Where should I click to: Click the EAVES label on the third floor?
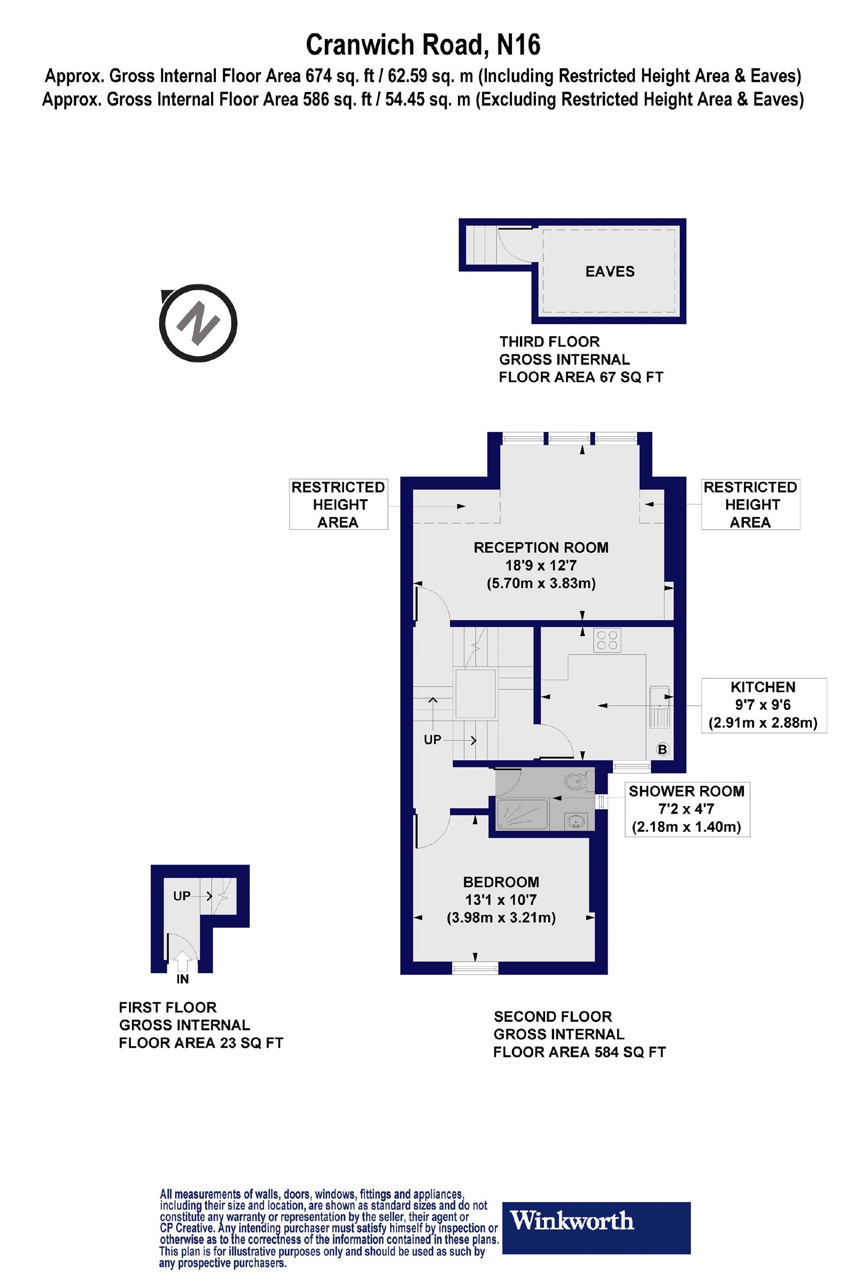pyautogui.click(x=610, y=272)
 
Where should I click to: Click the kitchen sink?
pyautogui.click(x=659, y=707)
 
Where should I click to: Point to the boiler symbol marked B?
pyautogui.click(x=663, y=749)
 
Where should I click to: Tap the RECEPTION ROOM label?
pyautogui.click(x=541, y=547)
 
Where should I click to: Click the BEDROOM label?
pyautogui.click(x=501, y=882)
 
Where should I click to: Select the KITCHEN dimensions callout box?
pyautogui.click(x=764, y=705)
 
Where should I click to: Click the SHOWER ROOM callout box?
pyautogui.click(x=687, y=809)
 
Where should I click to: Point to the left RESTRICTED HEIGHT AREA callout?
pyautogui.click(x=338, y=505)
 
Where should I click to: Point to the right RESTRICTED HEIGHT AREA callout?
pyautogui.click(x=750, y=505)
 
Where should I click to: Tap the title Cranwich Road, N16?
pyautogui.click(x=423, y=45)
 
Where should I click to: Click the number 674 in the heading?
pyautogui.click(x=316, y=76)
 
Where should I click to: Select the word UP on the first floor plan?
pyautogui.click(x=182, y=896)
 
